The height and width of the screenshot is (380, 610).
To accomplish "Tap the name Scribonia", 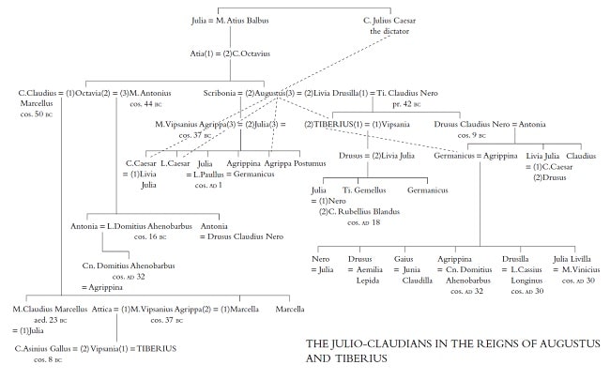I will pyautogui.click(x=221, y=93).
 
